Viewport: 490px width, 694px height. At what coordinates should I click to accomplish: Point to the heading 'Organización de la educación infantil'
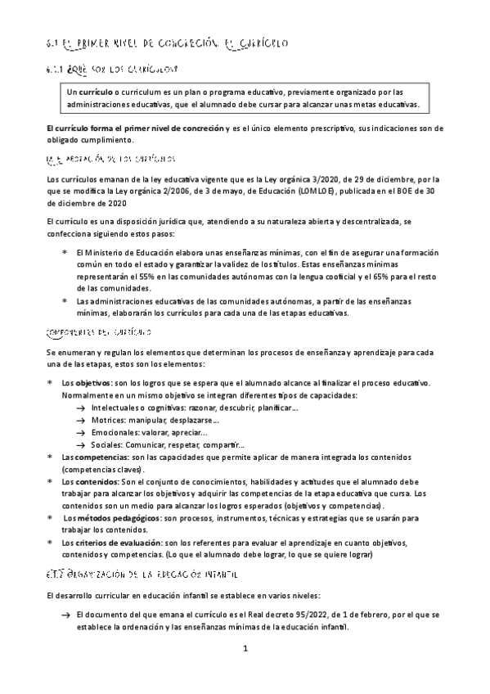134,553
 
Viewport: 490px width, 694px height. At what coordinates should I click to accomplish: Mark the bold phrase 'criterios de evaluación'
119,543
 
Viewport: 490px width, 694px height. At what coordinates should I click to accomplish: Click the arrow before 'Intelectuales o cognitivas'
80,408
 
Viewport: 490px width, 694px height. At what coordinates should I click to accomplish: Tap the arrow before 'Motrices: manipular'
80,421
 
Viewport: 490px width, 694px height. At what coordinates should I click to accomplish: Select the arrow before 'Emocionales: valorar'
80,433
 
